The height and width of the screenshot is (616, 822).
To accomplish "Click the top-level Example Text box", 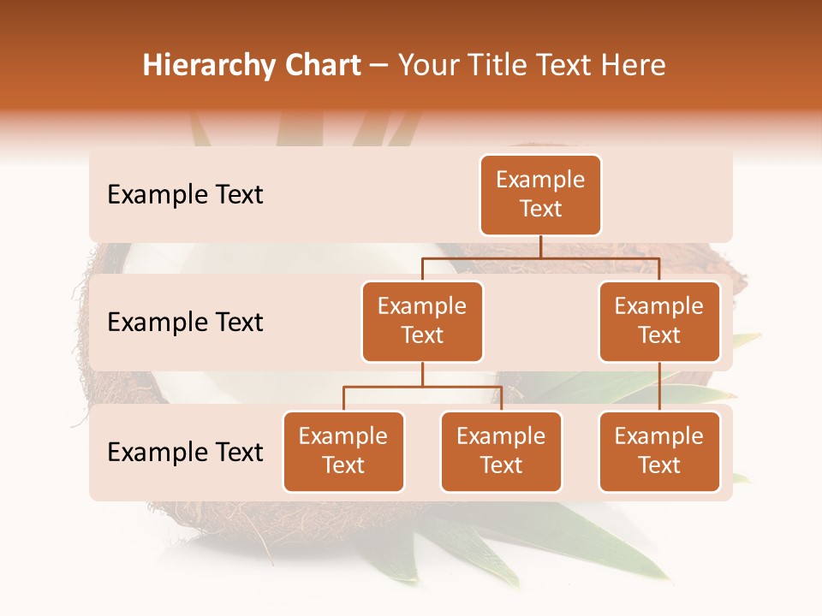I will click(x=540, y=195).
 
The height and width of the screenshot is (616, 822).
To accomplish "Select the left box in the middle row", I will click(x=422, y=322).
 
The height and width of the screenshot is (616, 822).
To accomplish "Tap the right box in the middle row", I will click(x=659, y=322).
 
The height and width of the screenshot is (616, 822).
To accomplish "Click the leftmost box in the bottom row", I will click(x=343, y=452).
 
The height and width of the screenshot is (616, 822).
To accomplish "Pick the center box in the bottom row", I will click(x=501, y=452).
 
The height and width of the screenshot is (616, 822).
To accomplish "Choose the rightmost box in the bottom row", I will click(x=659, y=452).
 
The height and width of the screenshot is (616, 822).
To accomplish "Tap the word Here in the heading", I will click(x=632, y=66).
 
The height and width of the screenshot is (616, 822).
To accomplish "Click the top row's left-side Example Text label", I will click(x=185, y=195).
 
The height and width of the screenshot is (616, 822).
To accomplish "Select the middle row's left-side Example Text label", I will click(x=185, y=323).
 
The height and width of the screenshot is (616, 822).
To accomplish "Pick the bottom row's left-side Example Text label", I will click(x=185, y=452).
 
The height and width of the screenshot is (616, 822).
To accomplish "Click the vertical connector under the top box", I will click(x=540, y=246).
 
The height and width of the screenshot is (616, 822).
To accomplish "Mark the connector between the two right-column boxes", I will click(x=659, y=387).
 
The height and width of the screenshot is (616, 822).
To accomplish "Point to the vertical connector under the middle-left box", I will click(x=422, y=374).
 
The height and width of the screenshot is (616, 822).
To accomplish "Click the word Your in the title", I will click(x=429, y=66).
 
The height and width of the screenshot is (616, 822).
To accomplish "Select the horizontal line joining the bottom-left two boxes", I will click(x=422, y=387).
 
